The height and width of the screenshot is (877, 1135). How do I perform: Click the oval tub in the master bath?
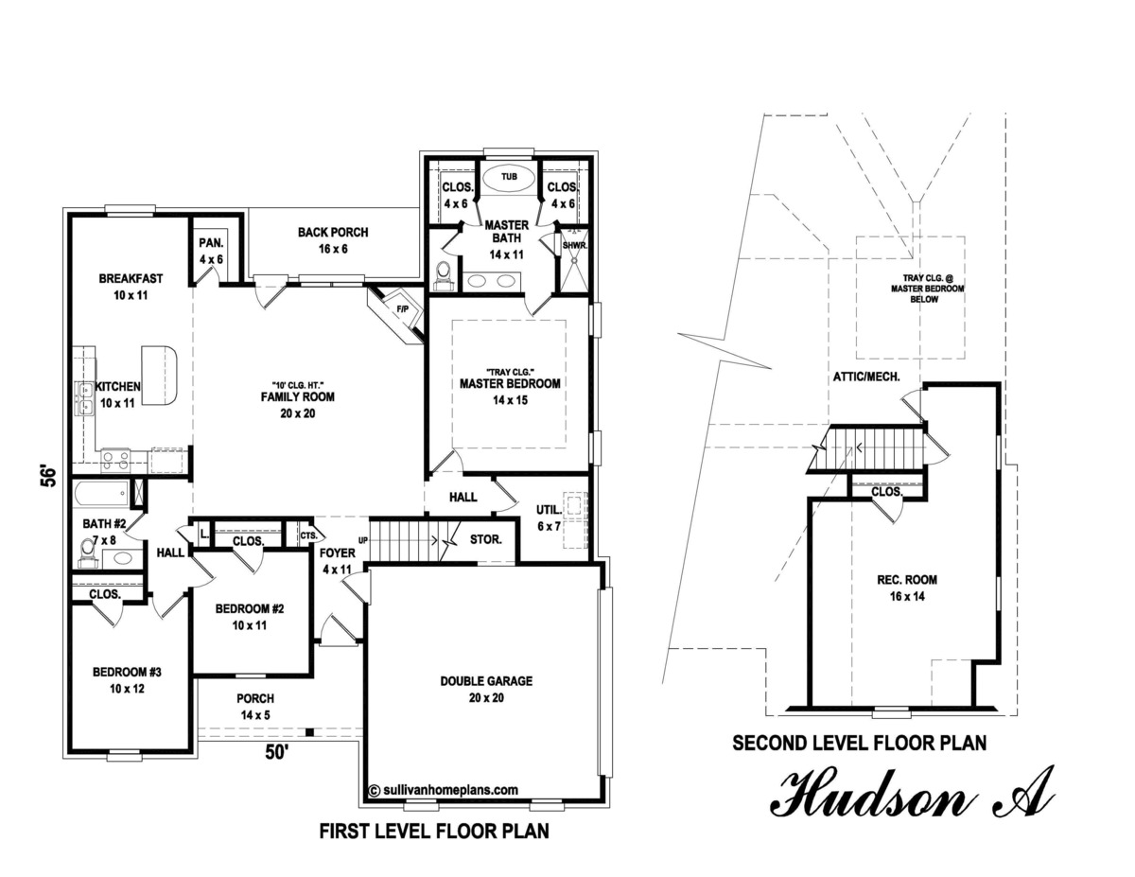click(x=509, y=178)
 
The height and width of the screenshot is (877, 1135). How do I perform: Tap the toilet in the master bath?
click(x=442, y=273)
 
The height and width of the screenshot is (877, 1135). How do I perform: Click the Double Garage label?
click(x=486, y=689)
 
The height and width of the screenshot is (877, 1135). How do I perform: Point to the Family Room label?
click(x=298, y=404)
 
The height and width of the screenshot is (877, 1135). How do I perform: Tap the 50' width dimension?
click(x=274, y=754)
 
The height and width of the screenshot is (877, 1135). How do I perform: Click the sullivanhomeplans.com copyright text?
click(x=443, y=788)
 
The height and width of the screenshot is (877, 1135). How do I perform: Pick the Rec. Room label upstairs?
click(x=905, y=588)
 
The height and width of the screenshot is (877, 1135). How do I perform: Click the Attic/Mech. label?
click(x=865, y=377)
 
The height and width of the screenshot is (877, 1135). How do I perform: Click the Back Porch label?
click(x=332, y=240)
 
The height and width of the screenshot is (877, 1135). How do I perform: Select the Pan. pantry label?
click(x=209, y=251)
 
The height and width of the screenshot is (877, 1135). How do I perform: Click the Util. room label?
click(x=549, y=517)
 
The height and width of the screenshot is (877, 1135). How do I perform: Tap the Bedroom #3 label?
click(x=127, y=680)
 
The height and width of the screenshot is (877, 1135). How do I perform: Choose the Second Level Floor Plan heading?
click(x=859, y=744)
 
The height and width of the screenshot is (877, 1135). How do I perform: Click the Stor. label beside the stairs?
click(x=485, y=540)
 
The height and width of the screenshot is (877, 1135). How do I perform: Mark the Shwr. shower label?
click(x=574, y=246)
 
